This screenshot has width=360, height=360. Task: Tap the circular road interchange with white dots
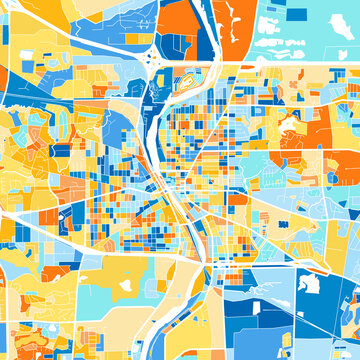pyautogui.click(x=157, y=61)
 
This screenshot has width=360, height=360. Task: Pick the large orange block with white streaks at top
pyautogui.click(x=236, y=30)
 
